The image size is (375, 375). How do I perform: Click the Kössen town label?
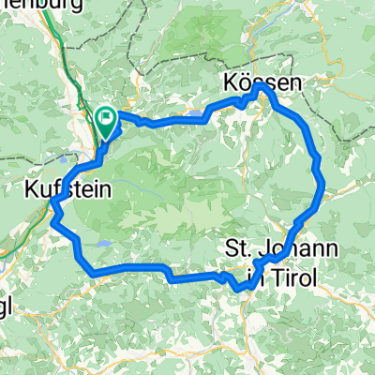[263, 83]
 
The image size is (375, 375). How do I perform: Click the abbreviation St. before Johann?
[240, 248]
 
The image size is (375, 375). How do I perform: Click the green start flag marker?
[106, 119]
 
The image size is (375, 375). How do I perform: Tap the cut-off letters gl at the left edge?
[7, 284]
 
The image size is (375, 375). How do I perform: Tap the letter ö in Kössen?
[245, 83]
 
